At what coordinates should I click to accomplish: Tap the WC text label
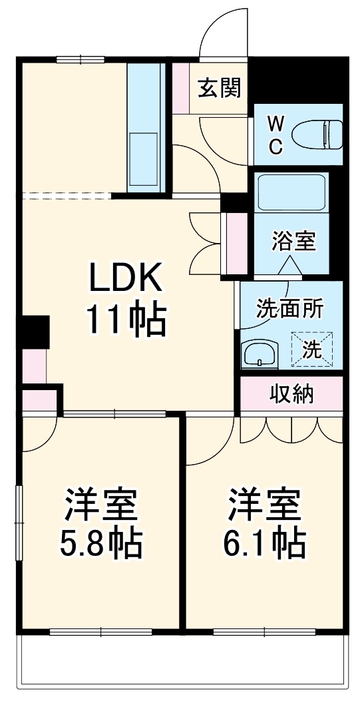275,135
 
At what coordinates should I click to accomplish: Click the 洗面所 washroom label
290,309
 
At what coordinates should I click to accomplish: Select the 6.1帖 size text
264,544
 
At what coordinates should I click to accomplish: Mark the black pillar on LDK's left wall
35,331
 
